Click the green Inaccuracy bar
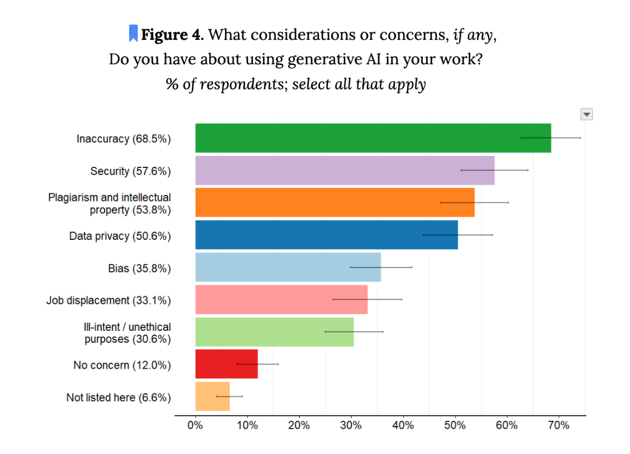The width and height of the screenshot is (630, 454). coord(373,138)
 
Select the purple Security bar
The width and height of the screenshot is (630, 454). coord(344,170)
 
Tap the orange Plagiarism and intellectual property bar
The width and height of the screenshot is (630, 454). coord(335,202)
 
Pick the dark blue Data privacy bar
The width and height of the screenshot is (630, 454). coord(326,234)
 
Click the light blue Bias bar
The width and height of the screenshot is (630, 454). coord(288,267)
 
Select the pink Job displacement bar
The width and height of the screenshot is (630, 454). coord(281,299)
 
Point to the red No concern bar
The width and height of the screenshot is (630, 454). coord(226,364)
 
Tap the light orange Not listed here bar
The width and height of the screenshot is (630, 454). coord(212,396)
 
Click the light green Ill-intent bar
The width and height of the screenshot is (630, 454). coord(274,331)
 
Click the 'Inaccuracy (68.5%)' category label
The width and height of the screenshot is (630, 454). coord(124,139)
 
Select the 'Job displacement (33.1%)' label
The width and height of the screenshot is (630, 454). coord(108,300)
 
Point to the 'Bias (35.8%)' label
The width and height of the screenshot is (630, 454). coord(140,268)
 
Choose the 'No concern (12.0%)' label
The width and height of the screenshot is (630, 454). coord(122,365)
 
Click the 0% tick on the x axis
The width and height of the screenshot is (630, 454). coord(195,425)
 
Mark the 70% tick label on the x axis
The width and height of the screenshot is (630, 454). coord(559,425)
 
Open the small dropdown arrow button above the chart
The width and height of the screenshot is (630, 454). coord(586,114)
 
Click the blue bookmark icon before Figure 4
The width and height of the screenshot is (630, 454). coord(133,33)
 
